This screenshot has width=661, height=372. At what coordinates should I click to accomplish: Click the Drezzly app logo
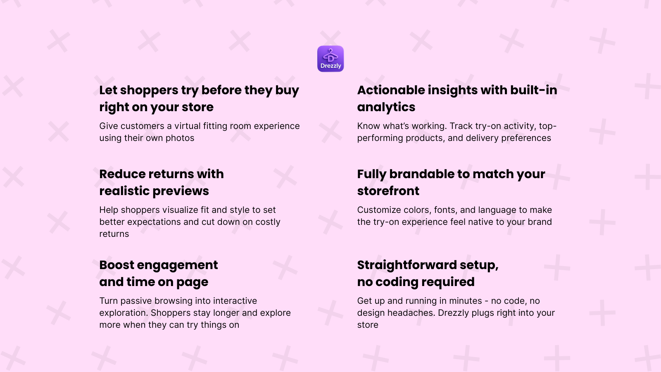click(x=330, y=59)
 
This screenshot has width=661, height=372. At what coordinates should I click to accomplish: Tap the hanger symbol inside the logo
click(x=330, y=55)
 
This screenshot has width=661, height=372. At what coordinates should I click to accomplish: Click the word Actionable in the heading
click(x=391, y=90)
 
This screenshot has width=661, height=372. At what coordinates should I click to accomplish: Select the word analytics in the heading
click(x=386, y=107)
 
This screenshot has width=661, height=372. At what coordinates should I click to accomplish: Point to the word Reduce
click(x=122, y=174)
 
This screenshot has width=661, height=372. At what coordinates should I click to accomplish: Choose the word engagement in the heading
click(x=177, y=265)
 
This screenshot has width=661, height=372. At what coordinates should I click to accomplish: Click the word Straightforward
click(x=407, y=265)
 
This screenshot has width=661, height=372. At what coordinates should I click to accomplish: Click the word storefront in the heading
click(x=388, y=191)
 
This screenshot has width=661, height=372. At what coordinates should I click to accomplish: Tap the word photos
click(x=180, y=138)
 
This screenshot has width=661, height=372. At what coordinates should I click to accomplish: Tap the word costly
click(x=268, y=222)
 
